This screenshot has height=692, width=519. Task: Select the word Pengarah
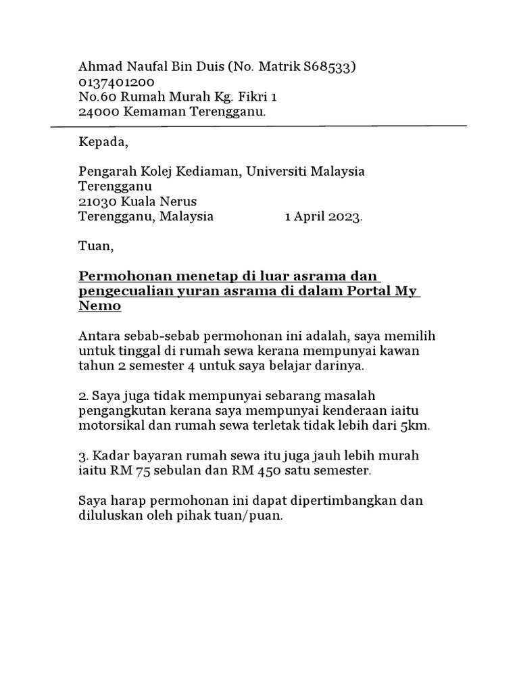(x=105, y=172)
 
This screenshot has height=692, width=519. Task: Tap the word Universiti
(x=276, y=172)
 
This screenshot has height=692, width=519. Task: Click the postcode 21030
(x=97, y=201)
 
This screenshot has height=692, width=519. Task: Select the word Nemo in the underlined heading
(x=100, y=306)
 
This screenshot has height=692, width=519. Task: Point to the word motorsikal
(x=112, y=426)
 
